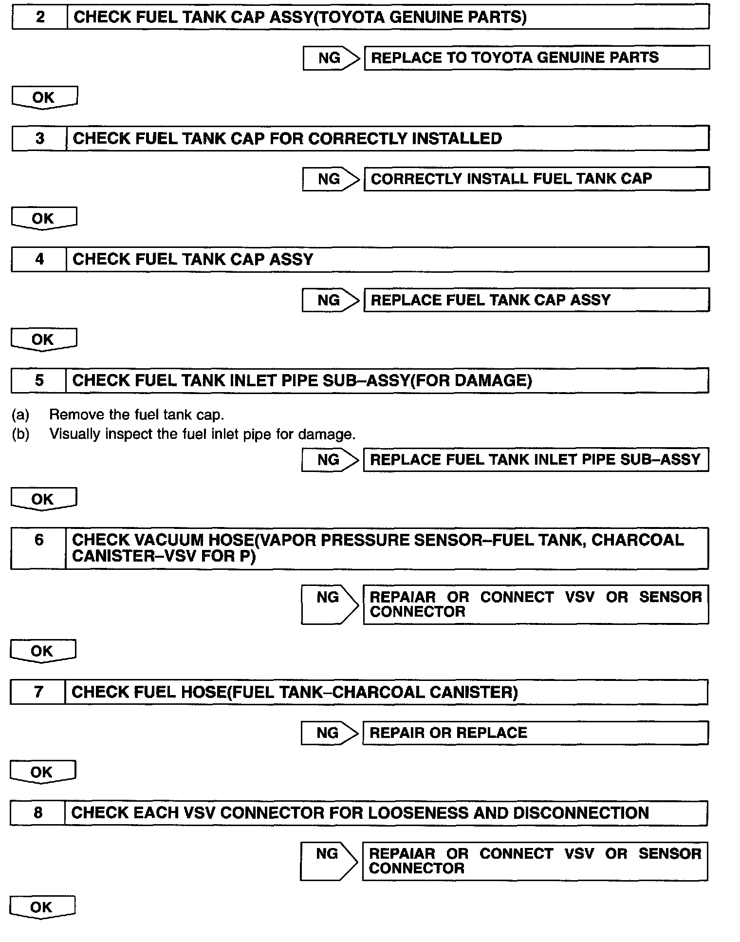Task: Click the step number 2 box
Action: (39, 18)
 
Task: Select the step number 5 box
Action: (38, 380)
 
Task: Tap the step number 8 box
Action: (37, 813)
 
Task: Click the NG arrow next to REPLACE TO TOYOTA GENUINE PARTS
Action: (331, 58)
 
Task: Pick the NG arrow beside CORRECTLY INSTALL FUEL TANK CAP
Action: (331, 179)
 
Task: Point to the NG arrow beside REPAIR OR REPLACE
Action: (329, 733)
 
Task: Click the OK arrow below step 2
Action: (44, 97)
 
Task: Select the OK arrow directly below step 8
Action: (42, 907)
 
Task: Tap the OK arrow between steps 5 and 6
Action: (43, 499)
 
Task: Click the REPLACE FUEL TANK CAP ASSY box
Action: (536, 300)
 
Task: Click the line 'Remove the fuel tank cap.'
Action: (136, 414)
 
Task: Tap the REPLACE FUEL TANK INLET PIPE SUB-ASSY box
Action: (536, 459)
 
